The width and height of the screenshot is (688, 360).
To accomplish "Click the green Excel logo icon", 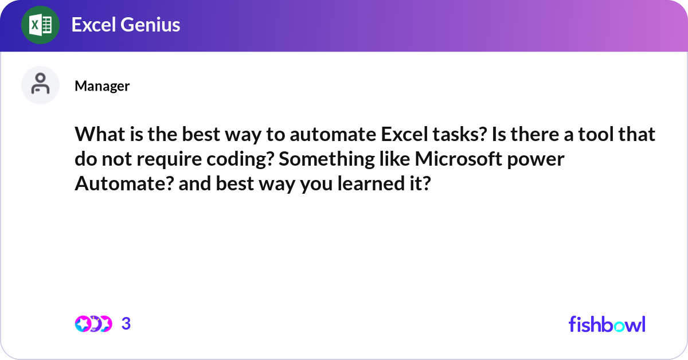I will (x=40, y=25).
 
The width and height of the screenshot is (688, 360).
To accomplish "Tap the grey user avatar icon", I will (x=40, y=85).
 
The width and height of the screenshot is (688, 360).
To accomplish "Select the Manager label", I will (x=102, y=86).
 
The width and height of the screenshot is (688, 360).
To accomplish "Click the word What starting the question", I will (x=97, y=135).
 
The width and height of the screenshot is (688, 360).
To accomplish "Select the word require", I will (x=148, y=159).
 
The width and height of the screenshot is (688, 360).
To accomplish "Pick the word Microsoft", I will (x=463, y=159).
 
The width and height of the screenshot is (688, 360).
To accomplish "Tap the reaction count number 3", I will (x=126, y=324).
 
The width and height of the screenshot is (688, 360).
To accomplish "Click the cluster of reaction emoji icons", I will (x=93, y=324).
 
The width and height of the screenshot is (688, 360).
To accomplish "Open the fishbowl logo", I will (x=607, y=324).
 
